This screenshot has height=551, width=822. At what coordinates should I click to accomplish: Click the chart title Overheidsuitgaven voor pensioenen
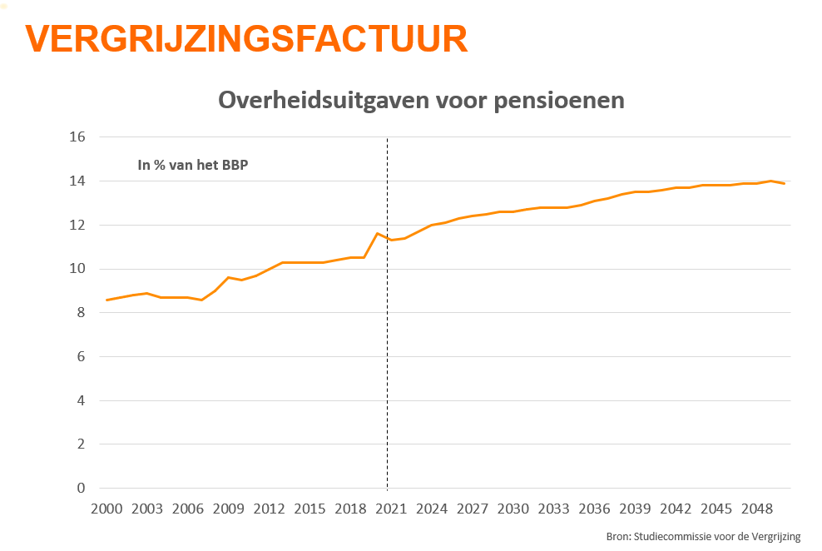[x=421, y=101]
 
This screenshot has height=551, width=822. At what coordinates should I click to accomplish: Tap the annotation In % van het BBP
[x=193, y=165]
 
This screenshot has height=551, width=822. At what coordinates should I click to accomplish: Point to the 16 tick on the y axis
[x=77, y=137]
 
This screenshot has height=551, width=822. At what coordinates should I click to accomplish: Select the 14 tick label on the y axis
[x=77, y=181]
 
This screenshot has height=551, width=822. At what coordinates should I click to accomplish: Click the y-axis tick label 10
[x=77, y=269]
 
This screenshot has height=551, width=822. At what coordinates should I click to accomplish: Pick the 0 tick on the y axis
[x=82, y=489]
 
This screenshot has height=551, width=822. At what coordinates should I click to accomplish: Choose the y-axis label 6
[x=82, y=357]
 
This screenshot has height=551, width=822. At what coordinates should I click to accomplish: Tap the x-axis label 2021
[x=391, y=509]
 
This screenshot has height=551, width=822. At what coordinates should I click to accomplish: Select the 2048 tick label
[x=757, y=509]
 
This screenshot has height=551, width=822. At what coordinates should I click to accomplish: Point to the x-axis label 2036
[x=594, y=509]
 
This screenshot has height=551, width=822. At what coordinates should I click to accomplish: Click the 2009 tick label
[x=228, y=509]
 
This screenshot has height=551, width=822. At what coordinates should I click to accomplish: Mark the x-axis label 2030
[x=513, y=509]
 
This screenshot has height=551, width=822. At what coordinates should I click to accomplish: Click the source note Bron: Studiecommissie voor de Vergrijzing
[x=703, y=537]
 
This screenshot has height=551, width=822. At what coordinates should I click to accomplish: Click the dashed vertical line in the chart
[x=388, y=375]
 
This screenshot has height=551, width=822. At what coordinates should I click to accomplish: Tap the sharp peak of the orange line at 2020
[x=377, y=233]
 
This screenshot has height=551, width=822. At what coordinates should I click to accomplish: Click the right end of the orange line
[x=785, y=183]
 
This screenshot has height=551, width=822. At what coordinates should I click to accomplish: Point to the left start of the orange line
[x=106, y=300]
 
